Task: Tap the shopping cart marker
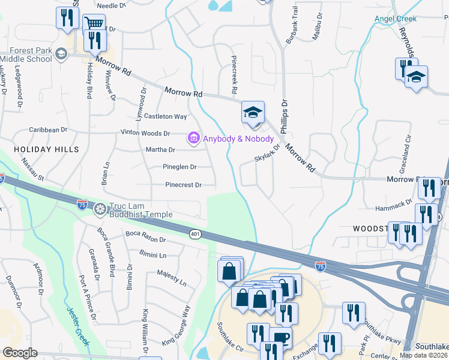92,25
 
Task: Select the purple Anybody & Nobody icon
193,139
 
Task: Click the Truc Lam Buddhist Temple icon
100,208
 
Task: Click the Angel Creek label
395,19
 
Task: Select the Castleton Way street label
164,116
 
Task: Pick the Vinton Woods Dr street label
145,133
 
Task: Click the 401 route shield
197,233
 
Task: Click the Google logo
20,353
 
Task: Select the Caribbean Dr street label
49,130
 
